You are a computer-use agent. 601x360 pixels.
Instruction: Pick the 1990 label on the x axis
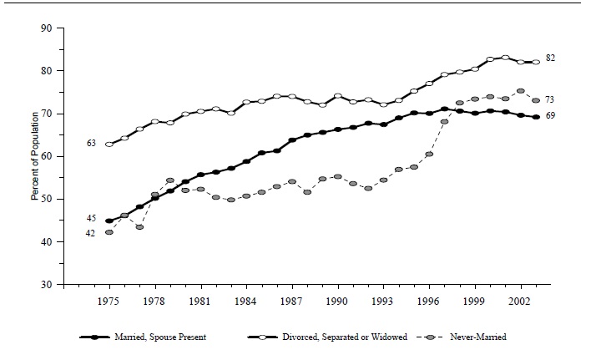[x=337, y=299]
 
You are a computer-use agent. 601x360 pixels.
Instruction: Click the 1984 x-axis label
[x=246, y=299]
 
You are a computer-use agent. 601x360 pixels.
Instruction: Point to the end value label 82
[x=551, y=58]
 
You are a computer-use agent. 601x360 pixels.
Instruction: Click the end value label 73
[x=551, y=99]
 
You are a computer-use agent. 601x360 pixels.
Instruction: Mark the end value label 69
[x=551, y=115]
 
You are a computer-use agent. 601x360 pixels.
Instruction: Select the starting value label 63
[x=91, y=144]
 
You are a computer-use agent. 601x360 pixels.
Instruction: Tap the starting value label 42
[x=91, y=233]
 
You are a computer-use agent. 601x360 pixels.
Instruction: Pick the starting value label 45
[x=91, y=218]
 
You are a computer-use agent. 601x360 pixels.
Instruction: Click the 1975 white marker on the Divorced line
[x=109, y=144]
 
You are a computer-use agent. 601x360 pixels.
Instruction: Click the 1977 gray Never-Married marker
[x=139, y=227]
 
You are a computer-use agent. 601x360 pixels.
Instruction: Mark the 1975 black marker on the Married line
[x=109, y=221]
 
